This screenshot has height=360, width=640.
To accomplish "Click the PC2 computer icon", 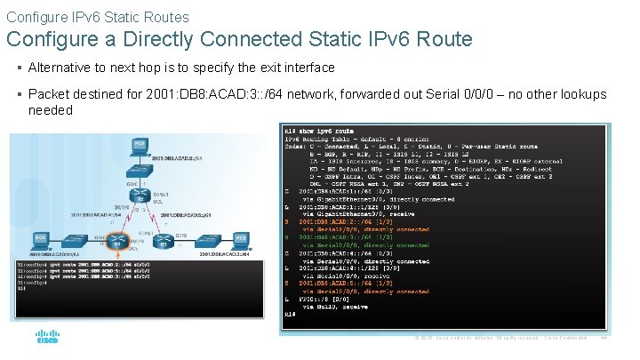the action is click(x=140, y=144).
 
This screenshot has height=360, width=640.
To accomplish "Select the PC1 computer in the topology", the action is click(x=40, y=238).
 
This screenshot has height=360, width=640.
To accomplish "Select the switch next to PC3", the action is click(x=206, y=241).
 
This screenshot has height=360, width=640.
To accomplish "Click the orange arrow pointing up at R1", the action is click(x=116, y=257).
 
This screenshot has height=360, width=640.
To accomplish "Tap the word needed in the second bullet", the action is click(x=50, y=110).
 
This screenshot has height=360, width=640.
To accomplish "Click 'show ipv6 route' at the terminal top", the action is click(x=330, y=131).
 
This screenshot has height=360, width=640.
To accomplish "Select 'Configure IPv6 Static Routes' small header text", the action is click(x=97, y=16).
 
